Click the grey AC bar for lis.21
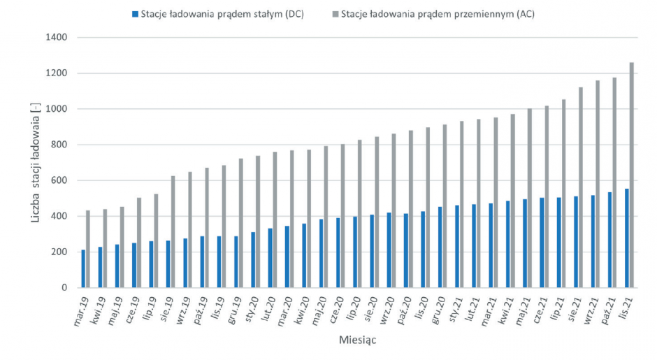pos(631,175)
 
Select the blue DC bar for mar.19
pos(83,268)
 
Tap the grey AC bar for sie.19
pos(173,232)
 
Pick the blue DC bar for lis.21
pos(627,238)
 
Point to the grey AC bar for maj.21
pos(530,199)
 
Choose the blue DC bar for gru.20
pos(440,247)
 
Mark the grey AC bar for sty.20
pos(258,222)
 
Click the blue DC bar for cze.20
pos(338,253)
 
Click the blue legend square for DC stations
pos(135,14)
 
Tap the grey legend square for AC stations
pos(335,14)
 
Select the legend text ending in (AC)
pos(438,14)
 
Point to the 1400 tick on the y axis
pos(56,37)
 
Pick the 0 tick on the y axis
pos(64,288)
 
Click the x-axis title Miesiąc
pos(357,340)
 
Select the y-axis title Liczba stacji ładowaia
pos(35,163)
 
